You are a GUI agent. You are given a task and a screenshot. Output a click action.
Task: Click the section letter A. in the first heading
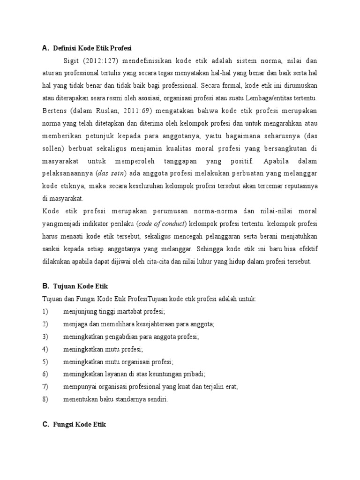click(x=45, y=48)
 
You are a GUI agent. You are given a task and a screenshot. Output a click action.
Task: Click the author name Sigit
click(x=72, y=60)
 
